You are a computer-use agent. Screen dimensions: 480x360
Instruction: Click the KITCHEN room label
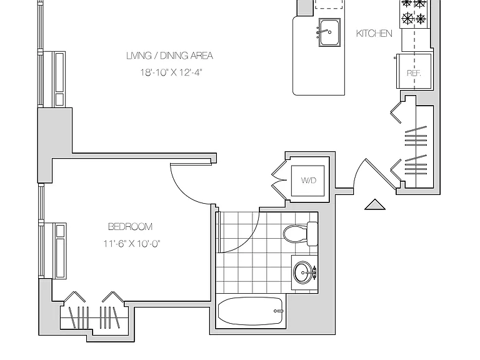(x=374, y=33)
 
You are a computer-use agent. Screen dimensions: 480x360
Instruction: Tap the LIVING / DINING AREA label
(x=169, y=56)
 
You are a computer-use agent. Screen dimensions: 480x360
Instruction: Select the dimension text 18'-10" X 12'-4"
(x=171, y=72)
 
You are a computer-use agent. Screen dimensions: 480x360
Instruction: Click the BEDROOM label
(x=131, y=227)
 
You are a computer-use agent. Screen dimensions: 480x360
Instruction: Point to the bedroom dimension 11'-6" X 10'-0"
(x=132, y=244)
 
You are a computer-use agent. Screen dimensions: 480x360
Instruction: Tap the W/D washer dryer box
(x=307, y=181)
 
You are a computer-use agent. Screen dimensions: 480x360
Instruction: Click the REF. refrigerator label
(x=414, y=73)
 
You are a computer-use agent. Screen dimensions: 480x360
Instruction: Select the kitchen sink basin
(x=329, y=32)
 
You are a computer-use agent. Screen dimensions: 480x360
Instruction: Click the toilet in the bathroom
(x=300, y=234)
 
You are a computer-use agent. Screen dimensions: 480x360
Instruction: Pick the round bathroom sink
(x=303, y=272)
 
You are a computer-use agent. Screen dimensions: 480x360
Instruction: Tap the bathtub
(x=250, y=311)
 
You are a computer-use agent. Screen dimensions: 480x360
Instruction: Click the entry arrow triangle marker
(x=375, y=204)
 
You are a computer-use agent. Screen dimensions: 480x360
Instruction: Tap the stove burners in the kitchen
(x=414, y=12)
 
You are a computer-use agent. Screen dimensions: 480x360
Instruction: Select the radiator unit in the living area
(x=54, y=79)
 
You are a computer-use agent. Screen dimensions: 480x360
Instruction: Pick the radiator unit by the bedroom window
(x=55, y=251)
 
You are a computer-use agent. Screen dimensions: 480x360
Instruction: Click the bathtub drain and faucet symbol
(x=279, y=311)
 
